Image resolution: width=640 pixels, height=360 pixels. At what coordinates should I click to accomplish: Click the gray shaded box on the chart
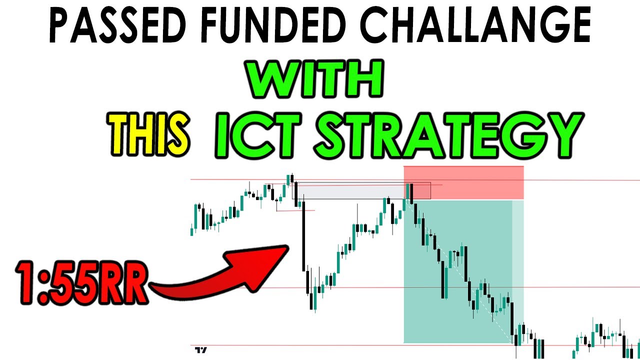[350, 191]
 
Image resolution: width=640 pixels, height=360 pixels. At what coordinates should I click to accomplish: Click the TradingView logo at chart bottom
[201, 350]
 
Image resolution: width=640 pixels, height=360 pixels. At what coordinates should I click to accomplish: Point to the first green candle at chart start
[192, 231]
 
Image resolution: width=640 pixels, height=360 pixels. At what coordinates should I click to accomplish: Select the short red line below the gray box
[295, 210]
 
